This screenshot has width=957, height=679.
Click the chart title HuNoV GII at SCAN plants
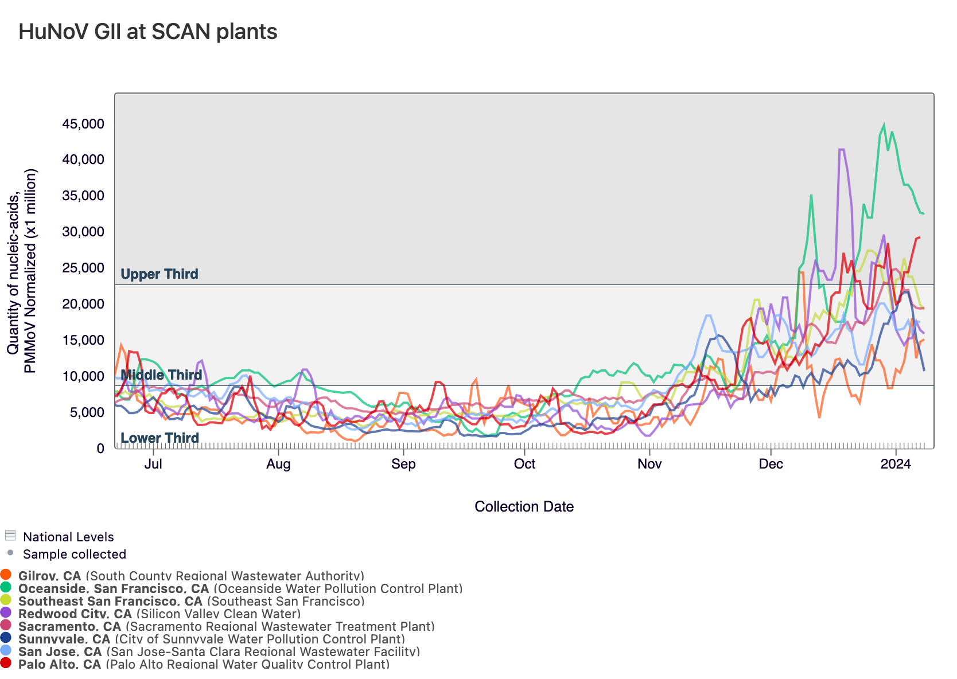pos(148,32)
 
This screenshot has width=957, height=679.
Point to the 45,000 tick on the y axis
pos(83,124)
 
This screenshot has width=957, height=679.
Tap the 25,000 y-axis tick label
pos(83,268)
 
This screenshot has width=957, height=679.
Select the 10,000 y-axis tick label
pos(83,377)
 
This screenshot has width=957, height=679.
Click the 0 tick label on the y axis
pos(101,448)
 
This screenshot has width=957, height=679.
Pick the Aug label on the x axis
pos(278,464)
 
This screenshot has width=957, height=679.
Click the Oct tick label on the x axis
pos(524,464)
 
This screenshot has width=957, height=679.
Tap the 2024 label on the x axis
pos(896,464)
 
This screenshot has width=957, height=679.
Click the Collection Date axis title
pos(524,506)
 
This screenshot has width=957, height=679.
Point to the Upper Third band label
pos(159,274)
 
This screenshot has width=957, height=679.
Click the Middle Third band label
pos(161,375)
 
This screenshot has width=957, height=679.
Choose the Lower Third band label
pos(159,438)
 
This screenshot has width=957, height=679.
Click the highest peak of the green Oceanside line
pos(884,124)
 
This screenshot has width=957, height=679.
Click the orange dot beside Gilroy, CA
pos(6,575)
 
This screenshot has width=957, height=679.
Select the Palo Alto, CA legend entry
pos(60,664)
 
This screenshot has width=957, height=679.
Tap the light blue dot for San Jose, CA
pos(6,650)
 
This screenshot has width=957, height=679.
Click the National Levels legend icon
pos(10,536)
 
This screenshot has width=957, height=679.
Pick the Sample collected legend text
pos(75,554)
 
